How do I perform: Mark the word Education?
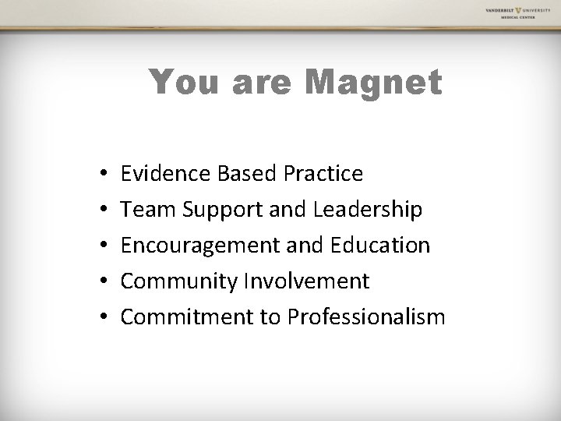tap(379, 245)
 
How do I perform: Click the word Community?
tap(178, 281)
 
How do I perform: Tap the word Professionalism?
tap(366, 317)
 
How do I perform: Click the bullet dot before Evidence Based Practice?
tap(103, 174)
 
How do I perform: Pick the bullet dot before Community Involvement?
tap(103, 281)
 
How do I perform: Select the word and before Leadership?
tap(288, 209)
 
